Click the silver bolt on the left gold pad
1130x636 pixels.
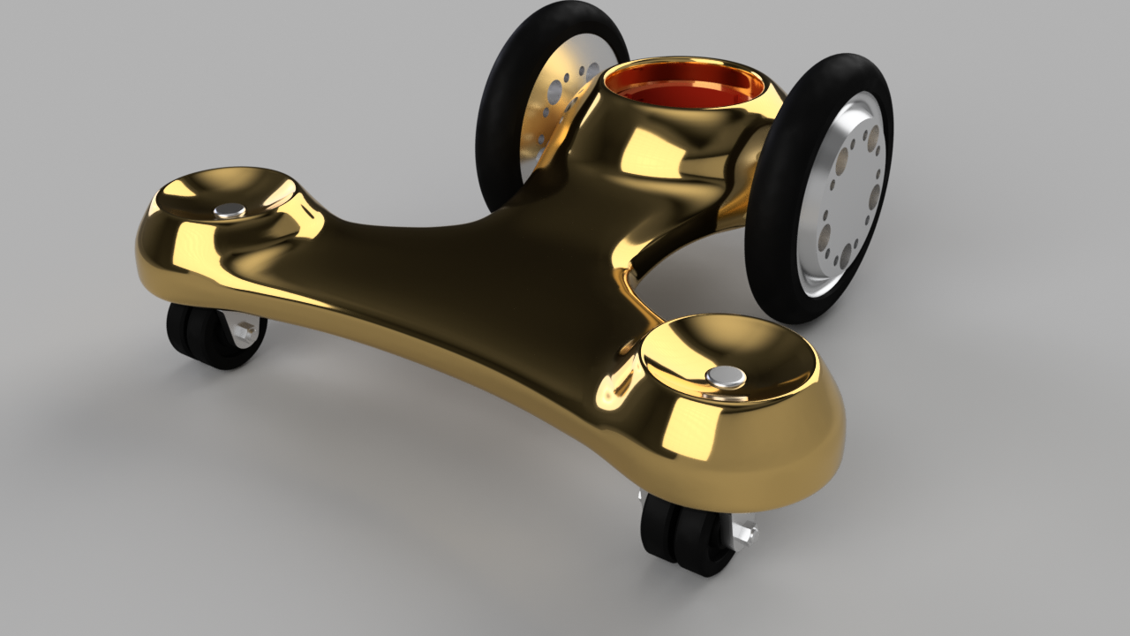(230, 210)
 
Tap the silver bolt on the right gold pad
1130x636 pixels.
(726, 377)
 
